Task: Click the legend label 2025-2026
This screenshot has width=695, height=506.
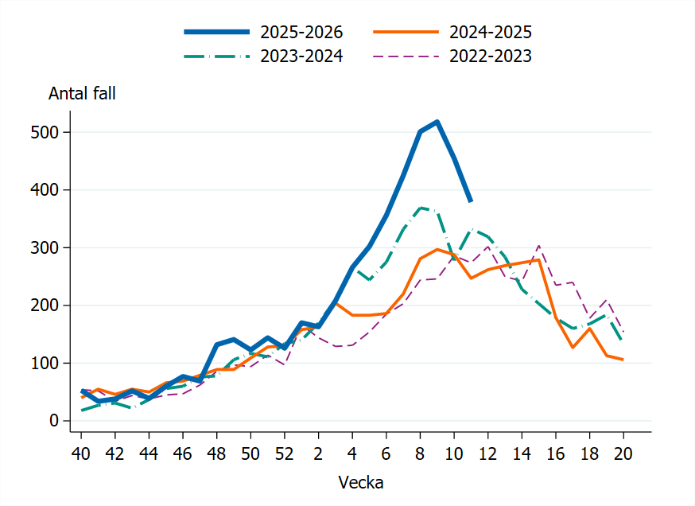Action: pos(301,33)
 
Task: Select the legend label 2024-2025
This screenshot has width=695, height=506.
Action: pos(490,33)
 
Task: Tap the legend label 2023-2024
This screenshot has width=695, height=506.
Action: pos(301,56)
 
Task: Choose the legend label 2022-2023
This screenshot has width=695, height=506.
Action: pos(490,56)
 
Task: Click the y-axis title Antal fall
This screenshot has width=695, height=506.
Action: pos(82,93)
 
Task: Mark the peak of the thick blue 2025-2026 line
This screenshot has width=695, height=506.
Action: pos(437,122)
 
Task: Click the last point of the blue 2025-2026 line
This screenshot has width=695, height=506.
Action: pos(471,201)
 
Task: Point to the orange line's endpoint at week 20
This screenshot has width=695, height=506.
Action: pos(623,360)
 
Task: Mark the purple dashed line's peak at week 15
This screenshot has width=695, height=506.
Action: pos(538,245)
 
